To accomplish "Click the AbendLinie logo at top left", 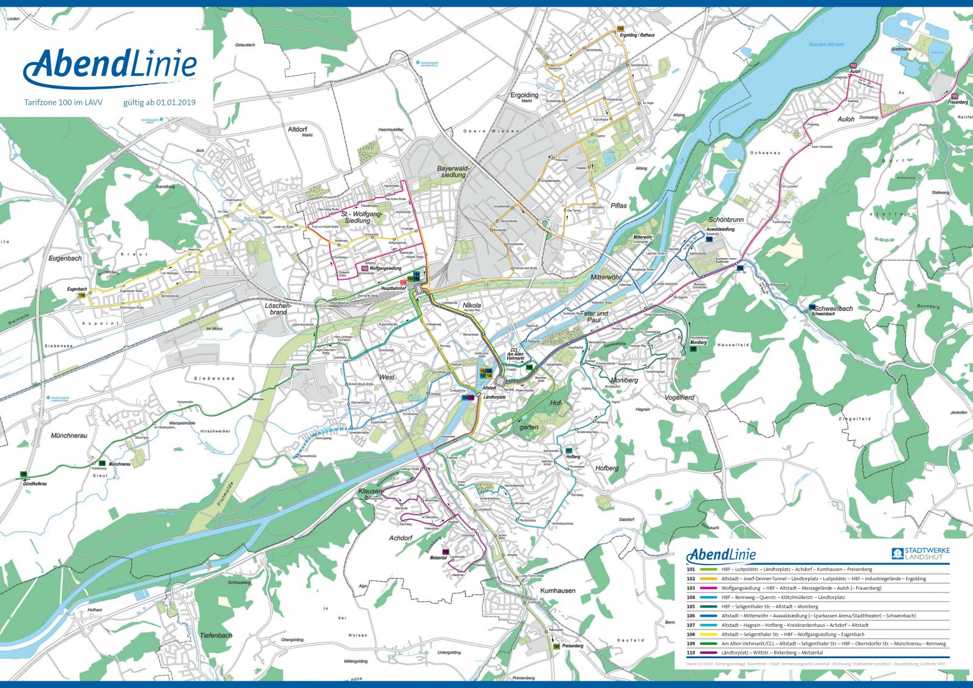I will [x=111, y=66].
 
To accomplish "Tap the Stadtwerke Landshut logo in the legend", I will [x=921, y=554].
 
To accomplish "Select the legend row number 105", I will [x=691, y=606].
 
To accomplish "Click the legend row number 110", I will [x=691, y=653].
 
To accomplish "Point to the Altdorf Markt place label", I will [x=298, y=131].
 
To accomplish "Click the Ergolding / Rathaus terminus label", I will [x=637, y=35].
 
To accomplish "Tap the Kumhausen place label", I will [x=558, y=591].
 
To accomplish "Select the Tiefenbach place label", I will [x=216, y=635].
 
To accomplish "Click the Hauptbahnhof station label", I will [x=393, y=289].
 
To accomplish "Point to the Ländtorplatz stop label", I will [x=494, y=397].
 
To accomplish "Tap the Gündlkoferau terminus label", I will [x=35, y=484].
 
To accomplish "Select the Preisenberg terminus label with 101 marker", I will [x=572, y=646].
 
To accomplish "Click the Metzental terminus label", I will [x=438, y=558].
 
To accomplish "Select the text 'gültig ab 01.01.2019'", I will [x=159, y=103].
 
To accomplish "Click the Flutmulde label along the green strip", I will [x=224, y=490].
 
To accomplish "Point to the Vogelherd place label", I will [x=679, y=397].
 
